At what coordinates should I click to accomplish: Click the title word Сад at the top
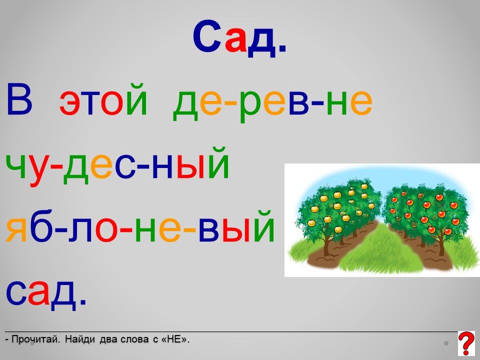[239, 39]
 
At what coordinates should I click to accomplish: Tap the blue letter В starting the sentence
[19, 100]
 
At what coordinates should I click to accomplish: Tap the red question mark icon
[466, 343]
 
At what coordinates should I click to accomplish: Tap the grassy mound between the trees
[379, 248]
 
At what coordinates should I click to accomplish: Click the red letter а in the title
[235, 42]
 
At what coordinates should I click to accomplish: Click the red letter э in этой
[70, 103]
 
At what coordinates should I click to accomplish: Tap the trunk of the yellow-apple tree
[327, 245]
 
